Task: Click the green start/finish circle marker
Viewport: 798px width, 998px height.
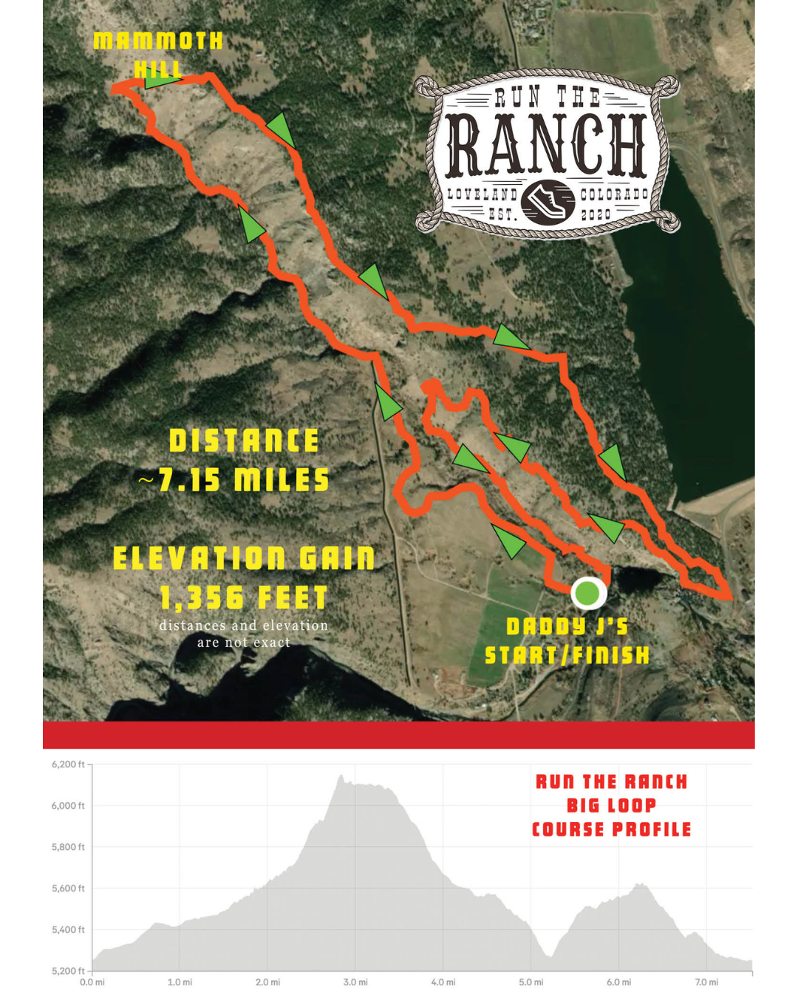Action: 587,593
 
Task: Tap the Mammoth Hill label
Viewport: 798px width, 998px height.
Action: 158,53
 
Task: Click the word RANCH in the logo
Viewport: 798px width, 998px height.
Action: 547,146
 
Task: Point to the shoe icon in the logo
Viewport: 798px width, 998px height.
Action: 548,202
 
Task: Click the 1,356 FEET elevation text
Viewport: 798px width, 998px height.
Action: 244,597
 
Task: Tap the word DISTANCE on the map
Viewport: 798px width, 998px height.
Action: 244,441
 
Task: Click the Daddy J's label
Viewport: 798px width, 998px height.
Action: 567,627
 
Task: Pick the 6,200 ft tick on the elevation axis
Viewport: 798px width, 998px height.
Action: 68,764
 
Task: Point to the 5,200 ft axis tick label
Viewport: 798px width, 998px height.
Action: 68,971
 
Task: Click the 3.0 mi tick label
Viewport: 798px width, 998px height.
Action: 355,982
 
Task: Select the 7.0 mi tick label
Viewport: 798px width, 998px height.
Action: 706,982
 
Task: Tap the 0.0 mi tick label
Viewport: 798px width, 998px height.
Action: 92,982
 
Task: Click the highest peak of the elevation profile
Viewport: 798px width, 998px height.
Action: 341,776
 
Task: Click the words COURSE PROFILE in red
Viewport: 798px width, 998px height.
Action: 611,829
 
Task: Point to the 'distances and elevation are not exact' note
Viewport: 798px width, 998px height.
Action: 244,634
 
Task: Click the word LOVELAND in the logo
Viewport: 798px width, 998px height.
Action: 482,194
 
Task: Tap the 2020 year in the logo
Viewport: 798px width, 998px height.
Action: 596,214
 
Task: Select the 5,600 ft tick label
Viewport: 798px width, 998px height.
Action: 68,889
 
